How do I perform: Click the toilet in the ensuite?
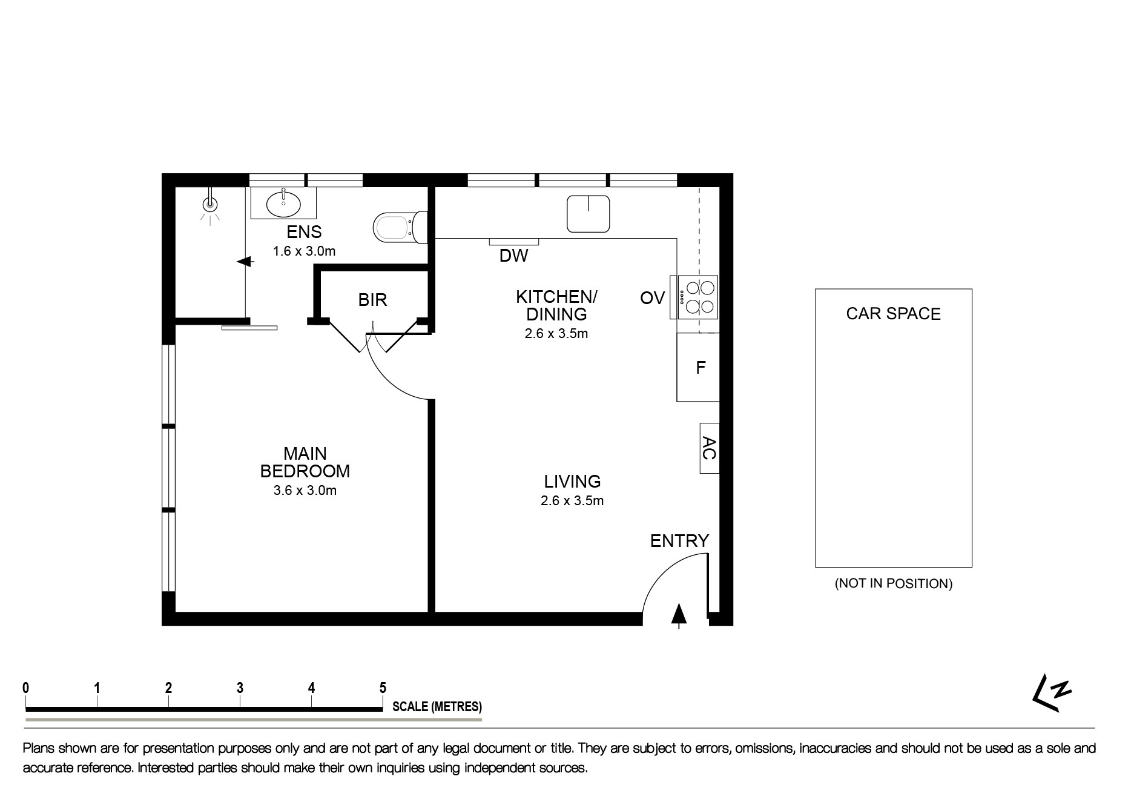pyautogui.click(x=397, y=228)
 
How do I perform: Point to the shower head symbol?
pyautogui.click(x=210, y=205)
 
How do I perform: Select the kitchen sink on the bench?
pyautogui.click(x=588, y=214)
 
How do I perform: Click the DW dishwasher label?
pyautogui.click(x=513, y=256)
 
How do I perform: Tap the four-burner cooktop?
pyautogui.click(x=698, y=297)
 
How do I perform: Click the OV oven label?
pyautogui.click(x=652, y=298)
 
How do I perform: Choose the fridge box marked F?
pyautogui.click(x=699, y=367)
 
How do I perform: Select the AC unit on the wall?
pyautogui.click(x=709, y=448)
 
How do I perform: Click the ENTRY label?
pyautogui.click(x=679, y=541)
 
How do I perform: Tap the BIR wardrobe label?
pyautogui.click(x=372, y=300)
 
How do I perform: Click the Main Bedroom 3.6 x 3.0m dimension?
pyautogui.click(x=305, y=491)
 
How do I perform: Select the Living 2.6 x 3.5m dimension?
pyautogui.click(x=572, y=501)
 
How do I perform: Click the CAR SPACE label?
pyautogui.click(x=893, y=314)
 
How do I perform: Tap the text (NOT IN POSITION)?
pyautogui.click(x=893, y=584)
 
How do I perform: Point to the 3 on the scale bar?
pyautogui.click(x=240, y=688)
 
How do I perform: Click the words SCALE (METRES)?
pyautogui.click(x=437, y=706)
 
